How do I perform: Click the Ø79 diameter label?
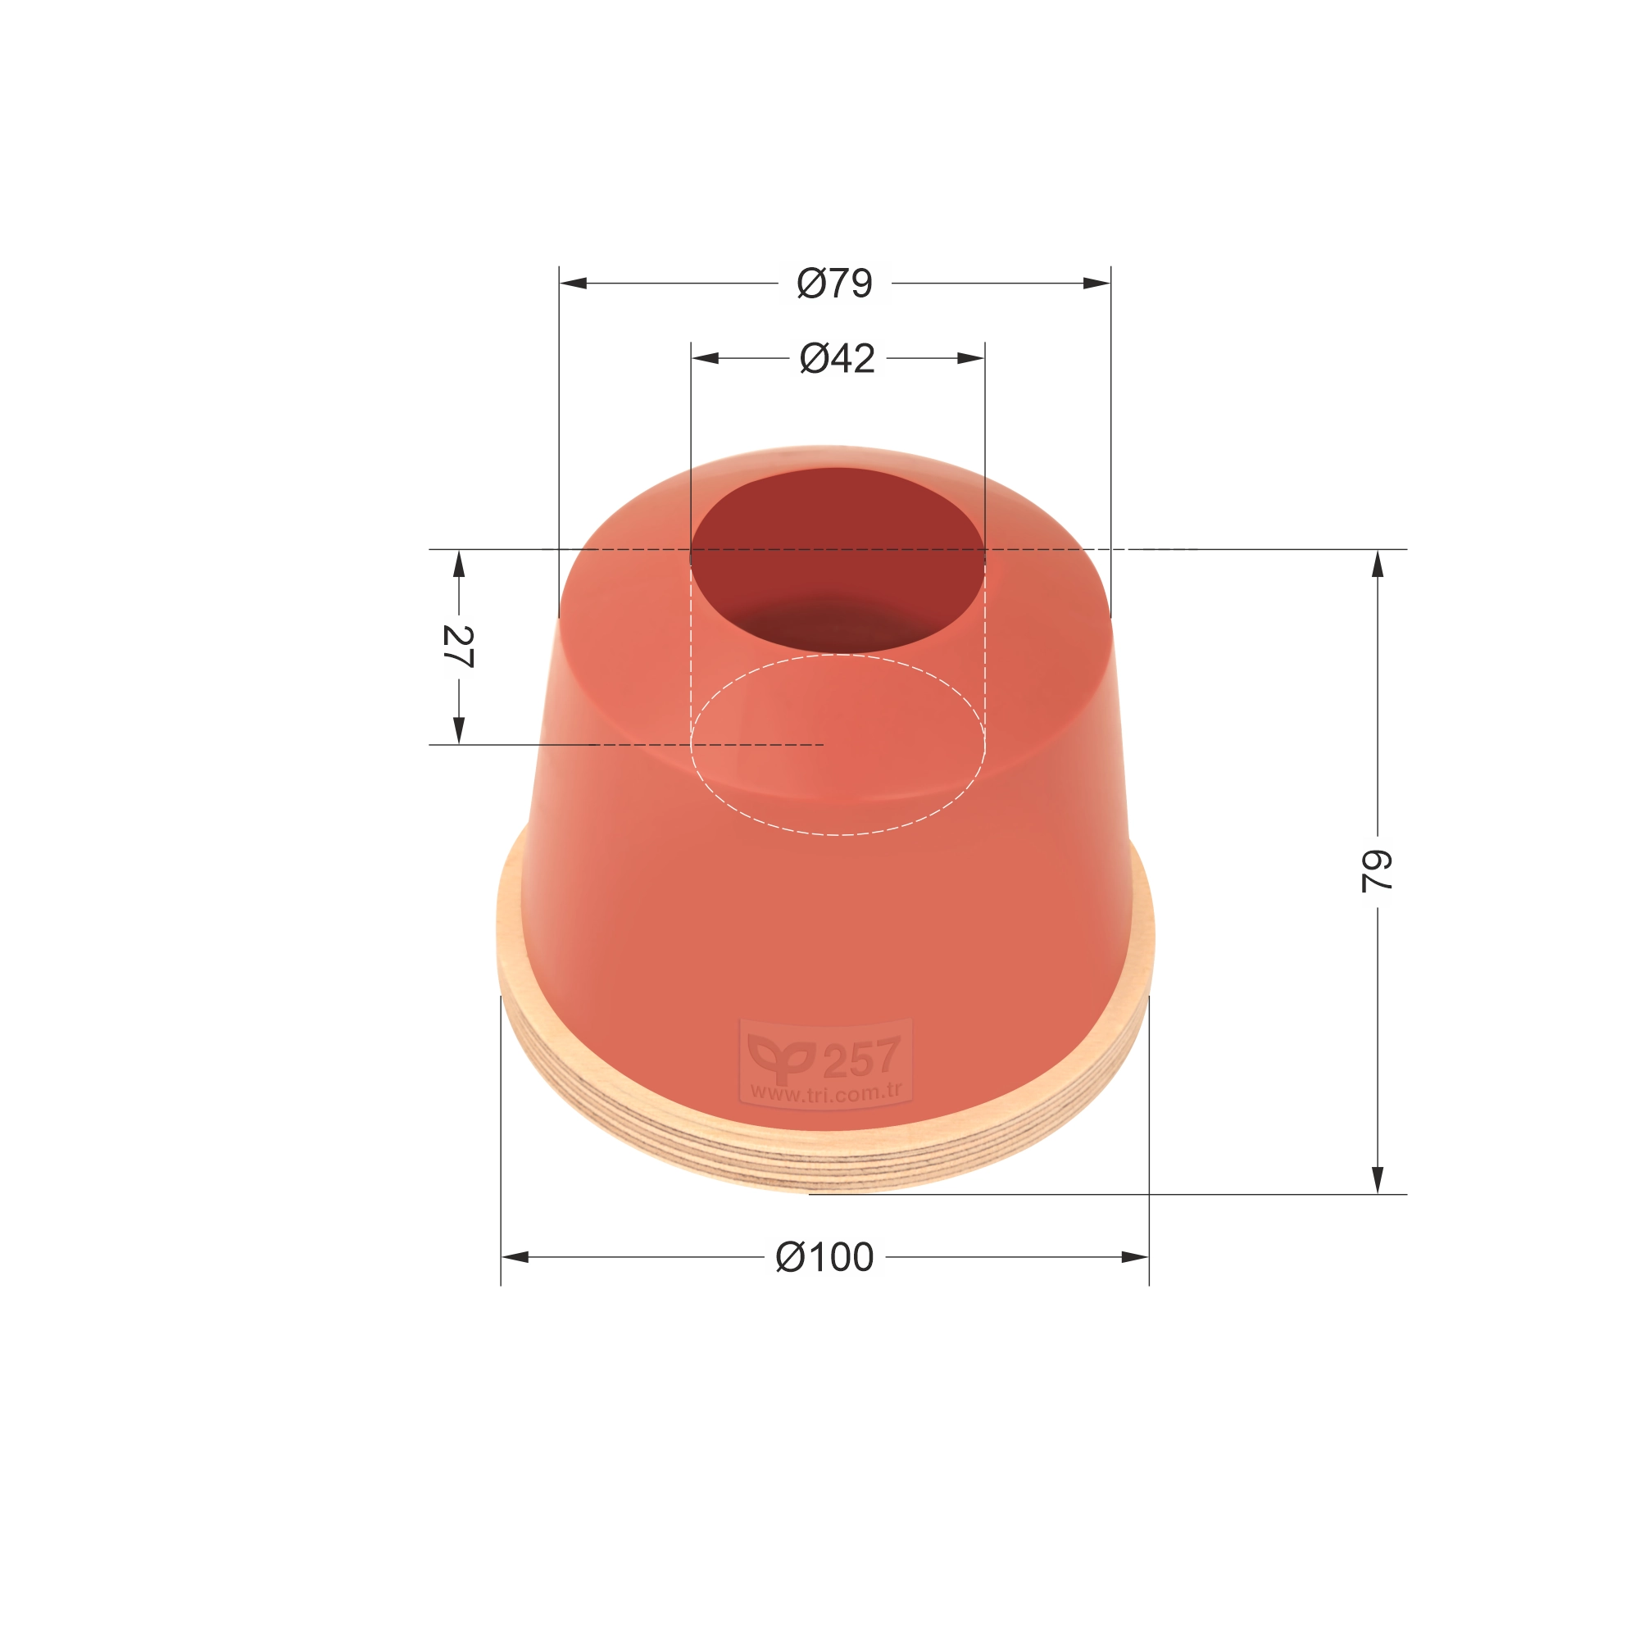pos(835,284)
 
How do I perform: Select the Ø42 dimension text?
pos(837,359)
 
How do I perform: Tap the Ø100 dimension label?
pos(824,1256)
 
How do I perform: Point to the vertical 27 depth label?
pos(458,647)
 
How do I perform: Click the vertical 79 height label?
pos(1377,871)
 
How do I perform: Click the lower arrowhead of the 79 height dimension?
pos(1378,1179)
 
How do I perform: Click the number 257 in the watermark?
pos(861,1058)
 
